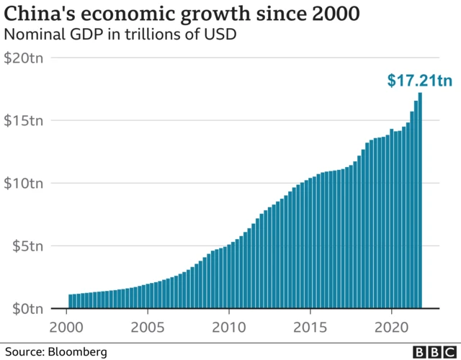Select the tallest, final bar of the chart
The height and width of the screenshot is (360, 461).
pos(420,202)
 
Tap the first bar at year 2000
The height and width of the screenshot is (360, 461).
pos(71,301)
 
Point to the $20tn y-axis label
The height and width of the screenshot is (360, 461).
pos(24,58)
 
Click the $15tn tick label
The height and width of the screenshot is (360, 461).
pos(24,120)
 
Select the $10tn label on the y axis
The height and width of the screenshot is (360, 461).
pos(24,183)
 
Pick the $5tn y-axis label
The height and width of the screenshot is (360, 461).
pos(27,246)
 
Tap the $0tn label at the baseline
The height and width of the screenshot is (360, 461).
pos(27,308)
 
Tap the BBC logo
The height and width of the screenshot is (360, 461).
pos(433,351)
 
